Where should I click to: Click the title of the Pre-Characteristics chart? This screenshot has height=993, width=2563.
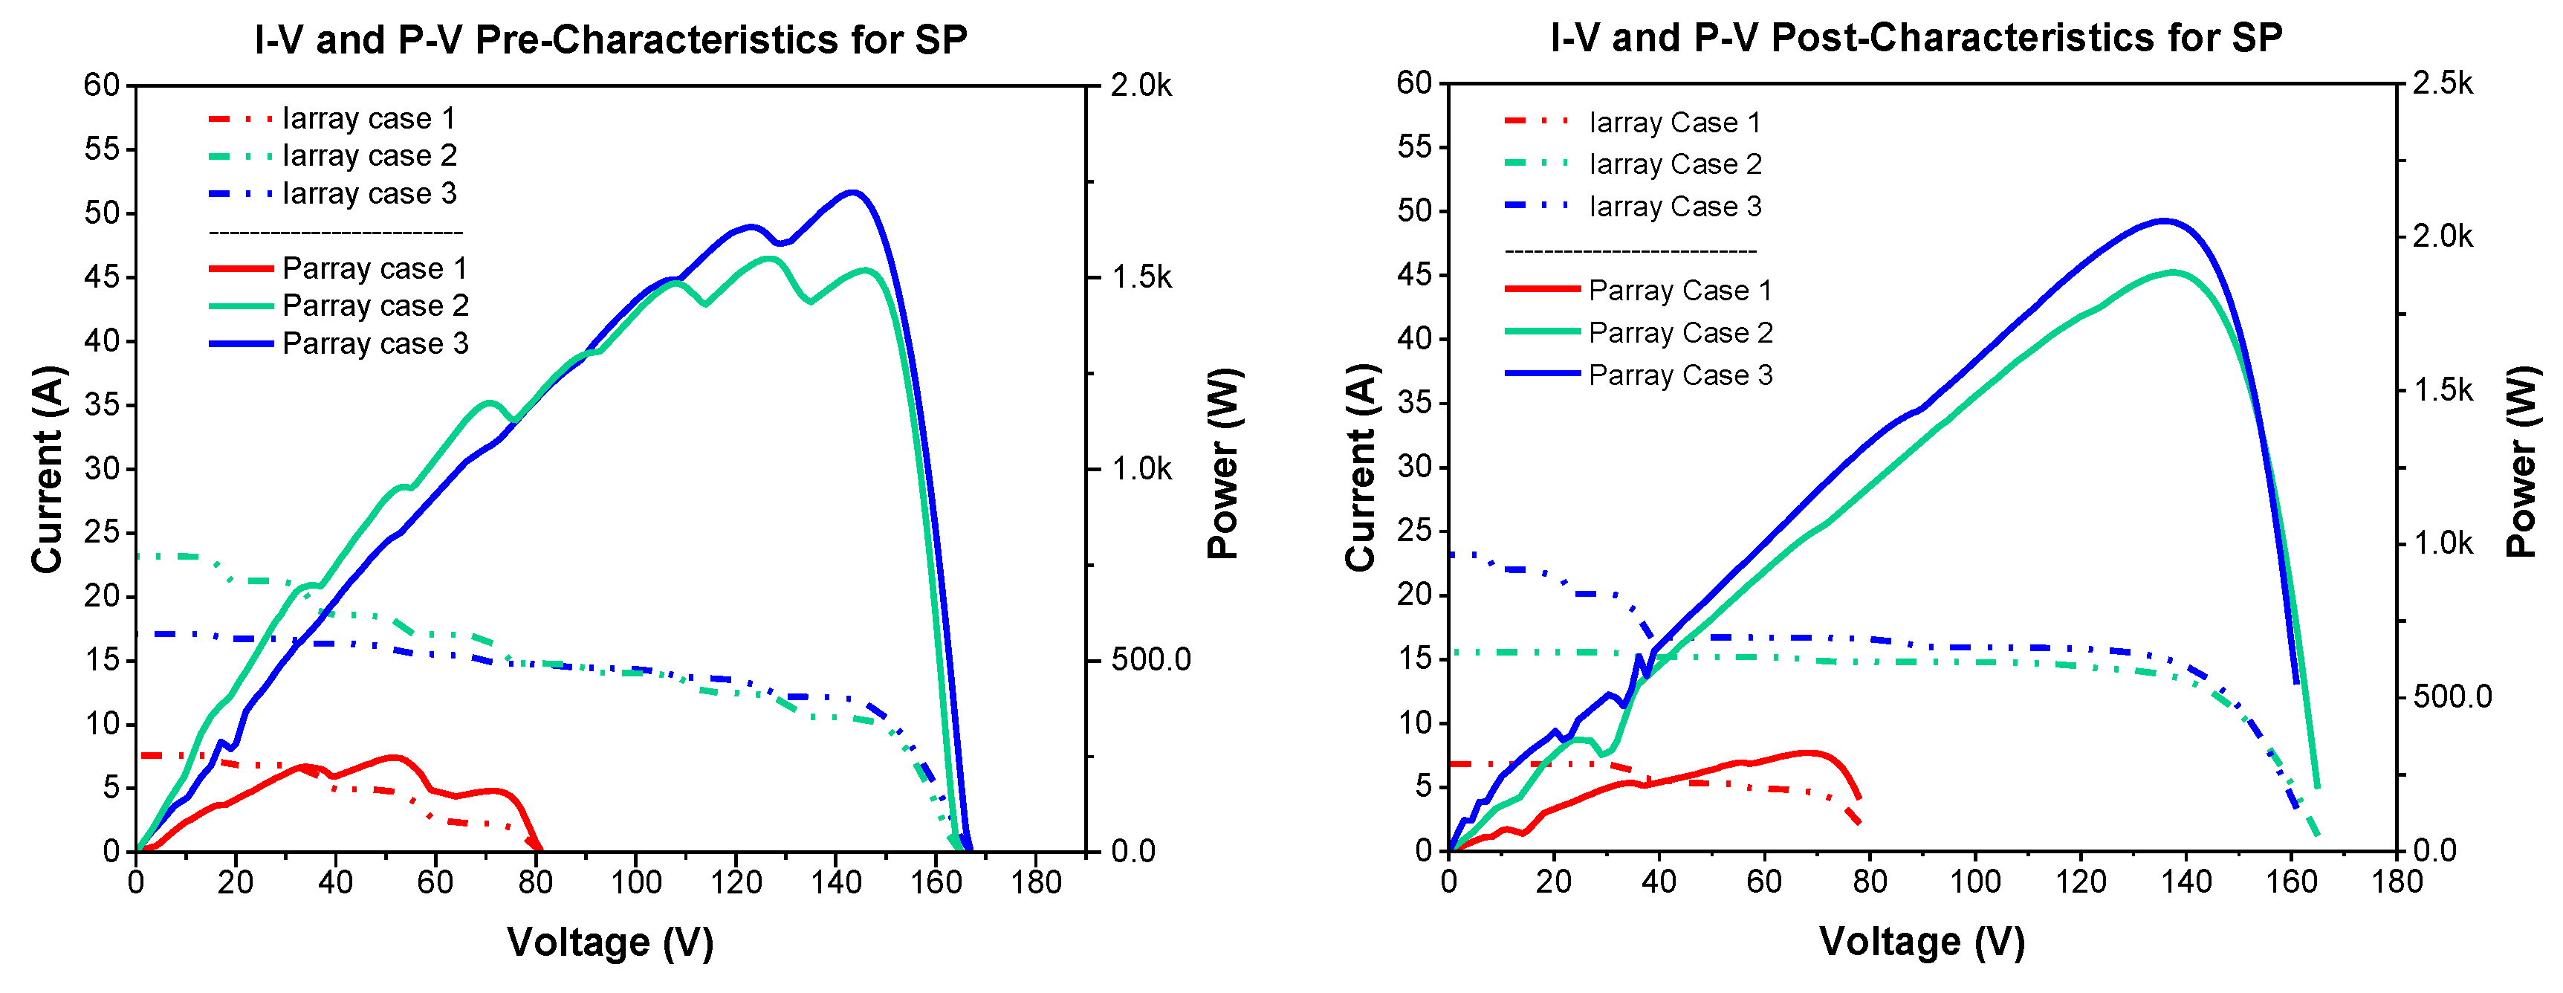point(610,40)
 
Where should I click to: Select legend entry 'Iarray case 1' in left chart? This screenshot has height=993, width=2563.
point(368,118)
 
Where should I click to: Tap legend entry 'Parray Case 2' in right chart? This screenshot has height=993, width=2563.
point(1679,332)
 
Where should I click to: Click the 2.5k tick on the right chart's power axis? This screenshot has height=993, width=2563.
point(2442,83)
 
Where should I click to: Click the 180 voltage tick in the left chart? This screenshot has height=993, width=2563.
point(1036,882)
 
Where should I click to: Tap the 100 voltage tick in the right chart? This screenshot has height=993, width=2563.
point(1975,881)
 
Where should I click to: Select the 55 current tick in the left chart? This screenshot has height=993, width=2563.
point(102,149)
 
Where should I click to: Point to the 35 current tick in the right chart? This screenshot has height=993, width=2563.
point(1415,403)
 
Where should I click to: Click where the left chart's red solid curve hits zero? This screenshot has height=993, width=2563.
point(538,849)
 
